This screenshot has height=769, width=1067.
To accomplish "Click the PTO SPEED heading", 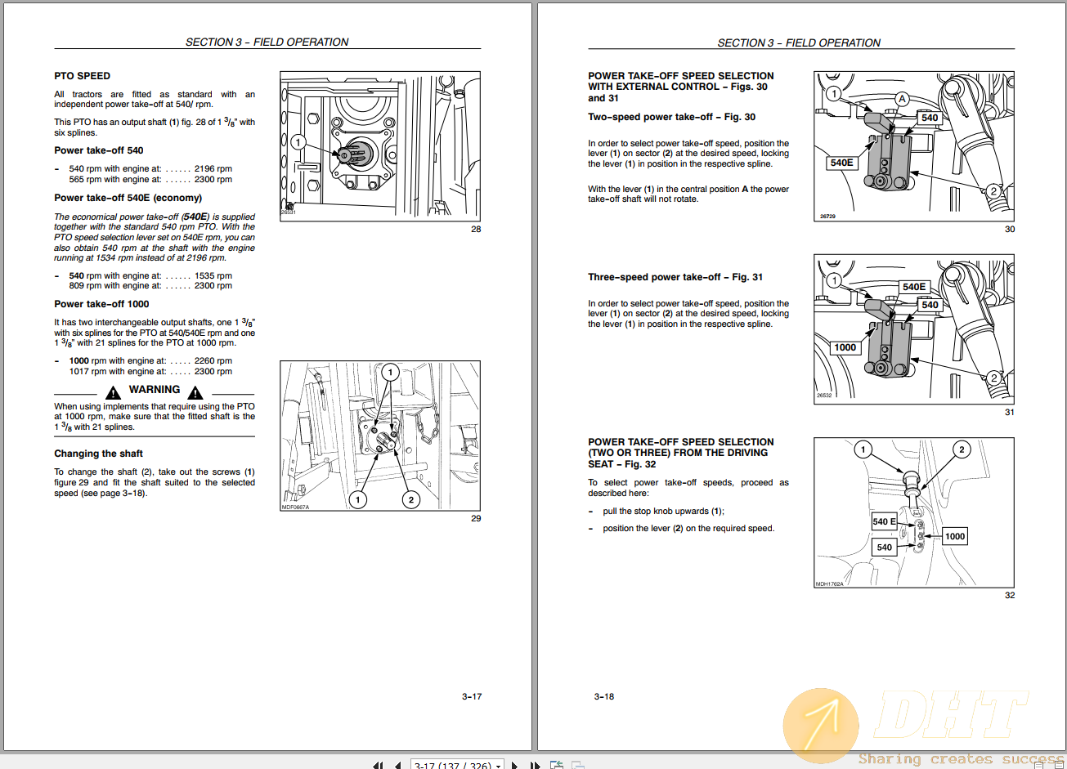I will coord(82,76).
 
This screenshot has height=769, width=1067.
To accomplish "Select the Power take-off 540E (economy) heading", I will coord(128,198).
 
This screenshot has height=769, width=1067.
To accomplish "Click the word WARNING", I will coord(155,390).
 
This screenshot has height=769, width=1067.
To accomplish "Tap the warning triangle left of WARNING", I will coord(114,393).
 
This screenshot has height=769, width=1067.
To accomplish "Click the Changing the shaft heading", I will coord(98,454).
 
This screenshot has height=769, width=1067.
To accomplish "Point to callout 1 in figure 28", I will coord(298,142).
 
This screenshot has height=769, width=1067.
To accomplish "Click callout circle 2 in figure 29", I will coord(411,499).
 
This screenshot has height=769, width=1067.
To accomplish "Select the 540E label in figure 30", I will coord(841,163).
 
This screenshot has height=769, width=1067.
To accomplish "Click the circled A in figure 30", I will coord(902,99).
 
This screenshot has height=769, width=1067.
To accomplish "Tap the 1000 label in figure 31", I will coord(845,347).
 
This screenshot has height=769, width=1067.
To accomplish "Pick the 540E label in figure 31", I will coord(914,287).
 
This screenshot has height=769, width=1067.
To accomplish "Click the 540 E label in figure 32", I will coord(884,521).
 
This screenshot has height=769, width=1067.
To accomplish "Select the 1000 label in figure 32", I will coord(955,536).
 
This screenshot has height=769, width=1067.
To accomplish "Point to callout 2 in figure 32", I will coord(962,449).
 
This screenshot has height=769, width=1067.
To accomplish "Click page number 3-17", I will coord(472,697).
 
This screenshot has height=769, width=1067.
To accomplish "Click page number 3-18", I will coord(604,697).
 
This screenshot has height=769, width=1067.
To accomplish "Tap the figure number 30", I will coord(1010,230).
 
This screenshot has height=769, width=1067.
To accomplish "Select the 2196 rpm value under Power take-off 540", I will coord(213,169).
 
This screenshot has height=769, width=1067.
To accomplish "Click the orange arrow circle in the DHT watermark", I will coord(821,725).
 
